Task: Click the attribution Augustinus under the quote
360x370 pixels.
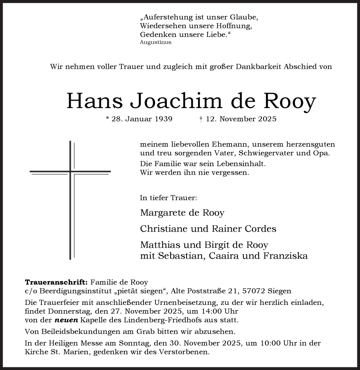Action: coord(156,42)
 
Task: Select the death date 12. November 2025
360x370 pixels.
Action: coord(238,119)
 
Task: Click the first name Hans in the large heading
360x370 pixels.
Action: coord(94,100)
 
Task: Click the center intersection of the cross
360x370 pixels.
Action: coord(70,171)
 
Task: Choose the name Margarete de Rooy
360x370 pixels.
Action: coord(182,213)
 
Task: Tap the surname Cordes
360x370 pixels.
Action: coord(261,229)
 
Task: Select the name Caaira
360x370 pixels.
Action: coord(222,256)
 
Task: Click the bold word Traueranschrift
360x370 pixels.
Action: coord(56,282)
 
